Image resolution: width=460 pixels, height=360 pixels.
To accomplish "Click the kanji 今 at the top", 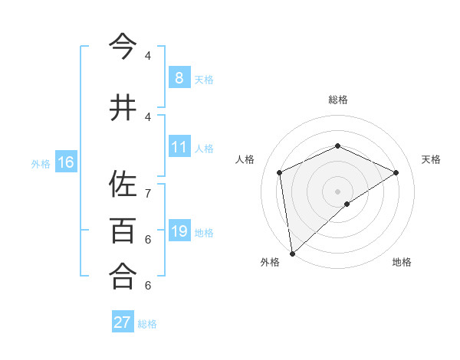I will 123,47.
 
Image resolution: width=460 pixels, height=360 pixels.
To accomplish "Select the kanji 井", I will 123,108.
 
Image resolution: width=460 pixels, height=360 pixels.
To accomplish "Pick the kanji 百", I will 123,230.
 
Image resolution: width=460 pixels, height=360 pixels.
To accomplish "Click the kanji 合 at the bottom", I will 123,275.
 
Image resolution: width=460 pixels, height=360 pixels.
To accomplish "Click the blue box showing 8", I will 179,77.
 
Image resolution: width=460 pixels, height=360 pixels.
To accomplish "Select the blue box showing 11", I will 179,147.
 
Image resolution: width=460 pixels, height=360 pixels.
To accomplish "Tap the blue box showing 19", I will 179,231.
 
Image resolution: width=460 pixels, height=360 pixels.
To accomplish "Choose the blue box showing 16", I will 65,162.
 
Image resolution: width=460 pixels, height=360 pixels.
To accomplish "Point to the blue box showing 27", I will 122,322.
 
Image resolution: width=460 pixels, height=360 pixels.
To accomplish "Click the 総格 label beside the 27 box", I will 147,324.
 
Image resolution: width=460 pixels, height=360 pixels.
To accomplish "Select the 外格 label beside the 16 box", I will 40,163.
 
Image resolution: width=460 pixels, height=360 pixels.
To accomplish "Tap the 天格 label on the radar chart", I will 431,159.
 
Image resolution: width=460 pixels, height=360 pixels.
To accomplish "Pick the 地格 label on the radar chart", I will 402,262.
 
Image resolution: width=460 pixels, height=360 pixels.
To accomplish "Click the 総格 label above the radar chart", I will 337,100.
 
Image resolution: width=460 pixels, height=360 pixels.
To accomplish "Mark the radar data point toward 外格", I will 291,253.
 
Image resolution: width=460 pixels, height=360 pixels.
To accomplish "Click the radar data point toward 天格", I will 396,172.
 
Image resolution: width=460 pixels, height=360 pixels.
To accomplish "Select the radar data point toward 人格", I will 280,172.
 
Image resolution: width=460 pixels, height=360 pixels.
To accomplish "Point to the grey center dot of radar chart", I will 337,191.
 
